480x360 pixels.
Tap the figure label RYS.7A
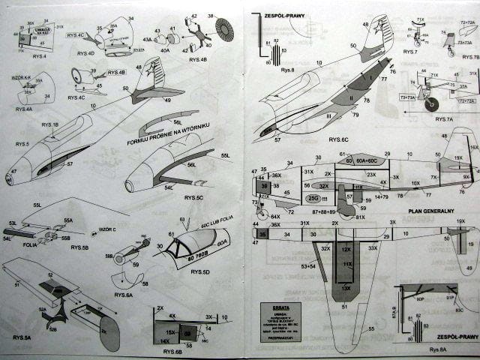point(437,119)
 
